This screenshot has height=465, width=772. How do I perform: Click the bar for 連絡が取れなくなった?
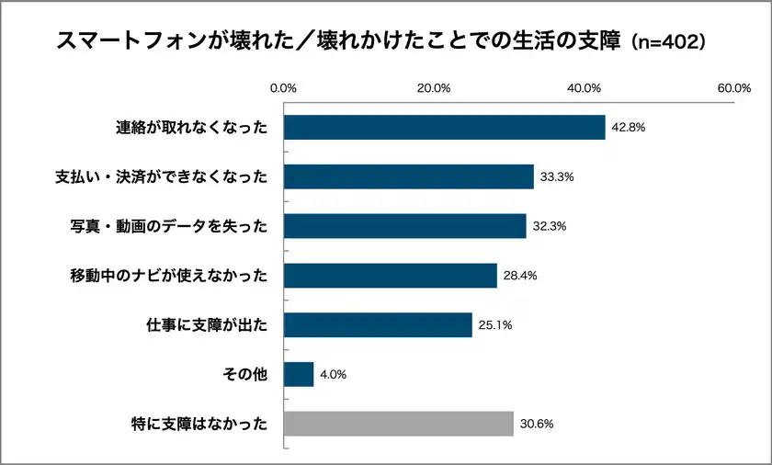(x=444, y=128)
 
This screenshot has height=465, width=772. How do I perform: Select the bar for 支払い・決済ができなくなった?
(x=409, y=176)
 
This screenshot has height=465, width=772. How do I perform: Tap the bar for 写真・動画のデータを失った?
(x=404, y=226)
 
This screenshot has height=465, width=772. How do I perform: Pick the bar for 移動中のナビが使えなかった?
(x=390, y=276)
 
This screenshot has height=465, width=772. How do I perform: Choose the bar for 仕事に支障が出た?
(x=378, y=325)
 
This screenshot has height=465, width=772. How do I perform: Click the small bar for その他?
(x=299, y=375)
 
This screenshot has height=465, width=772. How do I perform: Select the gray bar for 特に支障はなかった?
(x=398, y=424)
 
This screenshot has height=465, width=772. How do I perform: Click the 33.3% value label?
(x=557, y=176)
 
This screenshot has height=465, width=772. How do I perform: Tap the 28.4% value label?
(x=520, y=276)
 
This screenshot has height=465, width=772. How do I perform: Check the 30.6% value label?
(x=536, y=424)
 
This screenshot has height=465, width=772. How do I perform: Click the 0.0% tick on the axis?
(x=283, y=88)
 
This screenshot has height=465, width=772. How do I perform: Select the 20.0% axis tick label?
(x=434, y=88)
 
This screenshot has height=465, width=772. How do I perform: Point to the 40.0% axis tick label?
(x=585, y=88)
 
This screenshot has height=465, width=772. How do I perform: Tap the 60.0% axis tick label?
(x=734, y=88)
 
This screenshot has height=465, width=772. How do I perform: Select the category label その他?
(x=245, y=375)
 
